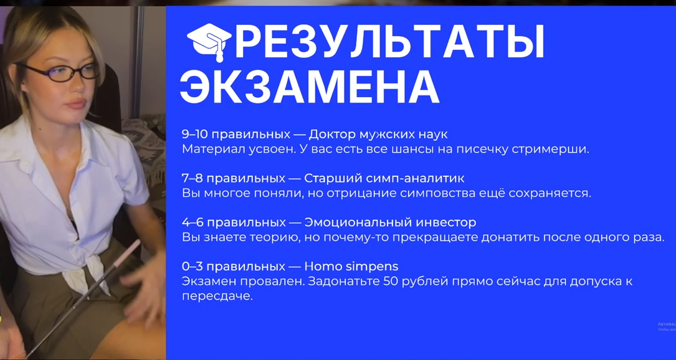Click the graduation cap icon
[209, 42]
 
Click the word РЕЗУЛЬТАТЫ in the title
[389, 43]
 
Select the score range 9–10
[195, 135]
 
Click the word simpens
[371, 267]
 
